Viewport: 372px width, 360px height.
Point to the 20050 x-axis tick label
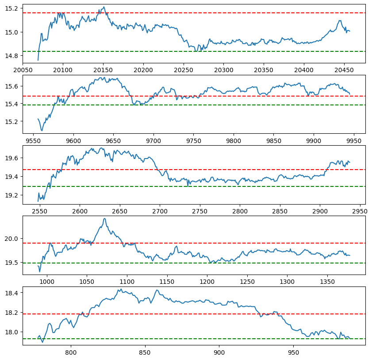point(23,70)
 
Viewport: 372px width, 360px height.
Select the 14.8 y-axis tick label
point(13,56)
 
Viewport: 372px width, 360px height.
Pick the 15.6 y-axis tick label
point(13,86)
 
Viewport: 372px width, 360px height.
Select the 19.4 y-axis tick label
point(13,177)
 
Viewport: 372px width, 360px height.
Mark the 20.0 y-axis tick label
point(13,239)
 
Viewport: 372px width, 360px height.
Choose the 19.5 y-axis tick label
point(13,263)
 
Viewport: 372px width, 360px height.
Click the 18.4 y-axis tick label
point(13,293)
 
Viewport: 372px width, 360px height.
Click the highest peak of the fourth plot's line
point(104,218)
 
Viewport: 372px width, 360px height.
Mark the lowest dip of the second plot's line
point(42,131)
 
